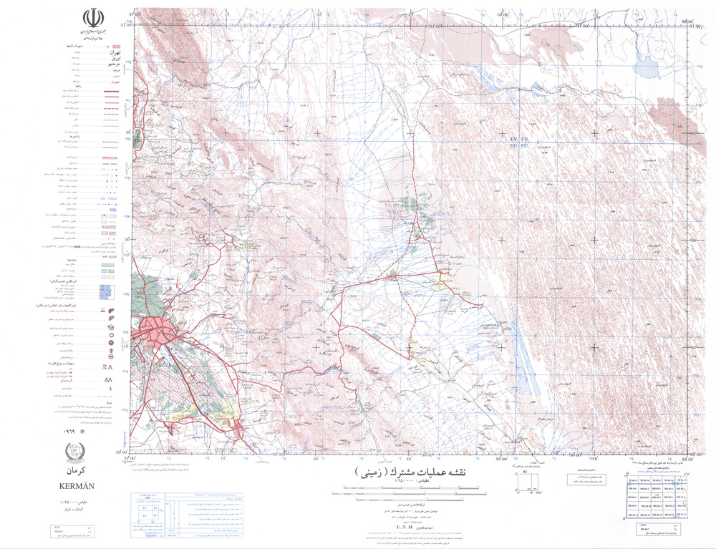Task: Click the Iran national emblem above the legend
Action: pos(92,18)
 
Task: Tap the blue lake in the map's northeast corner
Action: pos(647,69)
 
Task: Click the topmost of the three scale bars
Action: pos(408,486)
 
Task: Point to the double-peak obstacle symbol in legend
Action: pos(111,379)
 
